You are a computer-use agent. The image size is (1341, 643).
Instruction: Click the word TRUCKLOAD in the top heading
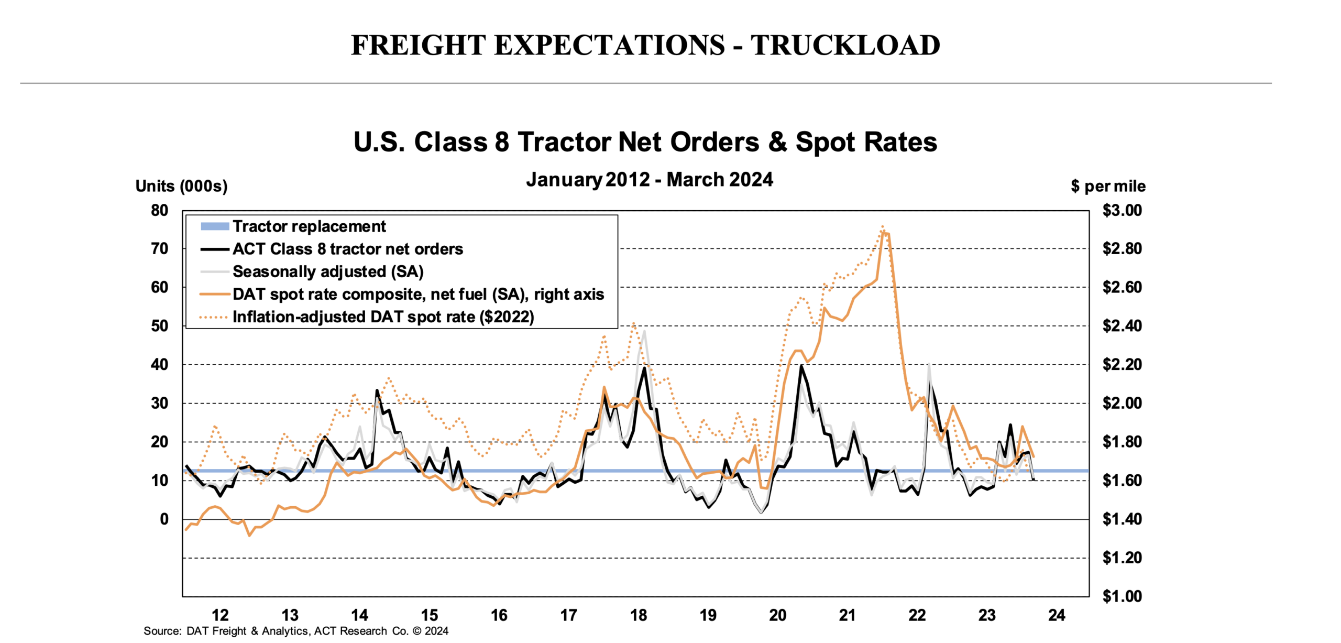coord(845,45)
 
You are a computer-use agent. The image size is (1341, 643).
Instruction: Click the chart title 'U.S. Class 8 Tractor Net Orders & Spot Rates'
coord(645,142)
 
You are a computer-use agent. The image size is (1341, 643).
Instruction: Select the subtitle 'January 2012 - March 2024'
coord(650,180)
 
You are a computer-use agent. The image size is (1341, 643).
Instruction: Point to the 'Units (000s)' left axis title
coord(181,186)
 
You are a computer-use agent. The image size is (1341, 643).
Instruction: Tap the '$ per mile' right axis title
coord(1108,186)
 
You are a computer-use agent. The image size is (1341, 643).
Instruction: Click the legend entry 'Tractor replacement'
coord(309,226)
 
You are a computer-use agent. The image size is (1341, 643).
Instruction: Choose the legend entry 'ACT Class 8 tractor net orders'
coord(347,249)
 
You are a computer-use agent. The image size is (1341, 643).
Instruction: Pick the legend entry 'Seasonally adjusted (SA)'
coord(328,271)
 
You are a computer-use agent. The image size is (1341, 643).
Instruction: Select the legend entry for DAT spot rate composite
coord(418,295)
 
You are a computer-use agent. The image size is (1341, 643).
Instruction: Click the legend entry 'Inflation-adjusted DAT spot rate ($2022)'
coord(383,317)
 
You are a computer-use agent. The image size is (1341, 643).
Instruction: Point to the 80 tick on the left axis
coord(160,211)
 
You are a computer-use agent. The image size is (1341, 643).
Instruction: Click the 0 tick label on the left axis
coord(164,519)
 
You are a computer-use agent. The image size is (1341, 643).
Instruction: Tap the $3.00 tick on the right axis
coord(1122,211)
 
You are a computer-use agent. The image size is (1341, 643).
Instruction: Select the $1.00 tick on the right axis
coord(1122,596)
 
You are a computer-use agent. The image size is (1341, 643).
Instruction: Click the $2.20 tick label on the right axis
coord(1122,365)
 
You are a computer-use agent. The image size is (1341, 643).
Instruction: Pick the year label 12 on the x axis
coord(220,615)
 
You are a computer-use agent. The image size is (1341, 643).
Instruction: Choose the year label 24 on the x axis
coord(1057,615)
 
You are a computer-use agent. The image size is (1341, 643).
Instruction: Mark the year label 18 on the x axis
coord(638,615)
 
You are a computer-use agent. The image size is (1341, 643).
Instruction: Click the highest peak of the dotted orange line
coord(883,227)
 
